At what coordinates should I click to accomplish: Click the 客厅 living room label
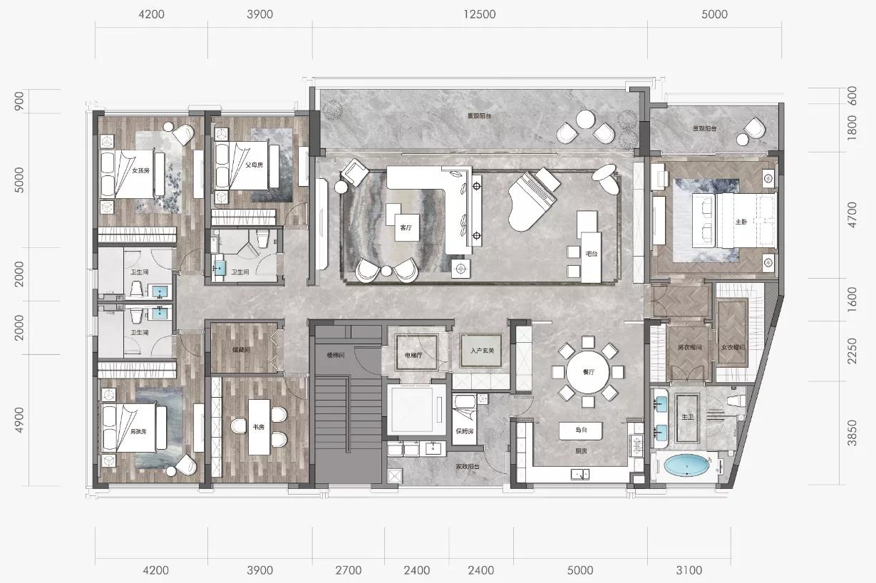(406, 228)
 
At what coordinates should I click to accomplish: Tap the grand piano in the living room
(531, 203)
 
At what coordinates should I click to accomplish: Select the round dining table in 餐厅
(588, 371)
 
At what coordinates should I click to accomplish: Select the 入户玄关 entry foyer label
(482, 350)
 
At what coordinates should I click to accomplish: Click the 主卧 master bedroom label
(741, 221)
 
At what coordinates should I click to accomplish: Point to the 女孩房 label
(141, 171)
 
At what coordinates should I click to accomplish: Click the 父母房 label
(254, 164)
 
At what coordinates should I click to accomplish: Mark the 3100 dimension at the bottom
(689, 570)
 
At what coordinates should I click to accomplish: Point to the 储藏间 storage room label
(240, 349)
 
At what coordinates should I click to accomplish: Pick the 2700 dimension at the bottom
(348, 570)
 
